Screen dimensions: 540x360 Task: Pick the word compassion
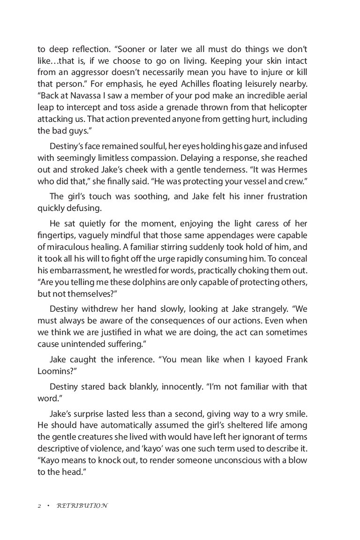coord(149,158)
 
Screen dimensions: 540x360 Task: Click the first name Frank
coord(294,360)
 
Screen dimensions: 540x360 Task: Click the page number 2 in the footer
coord(39,506)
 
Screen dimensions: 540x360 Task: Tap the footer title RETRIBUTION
coord(82,506)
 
